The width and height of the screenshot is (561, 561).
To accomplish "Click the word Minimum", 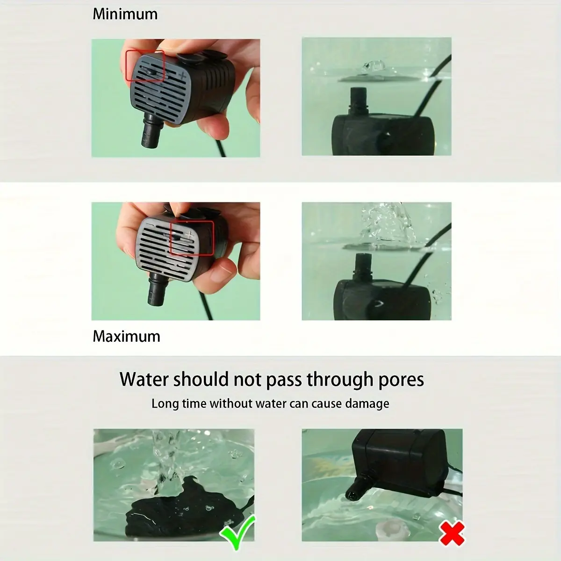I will click(x=125, y=14).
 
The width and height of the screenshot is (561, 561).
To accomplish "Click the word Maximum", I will click(x=126, y=336).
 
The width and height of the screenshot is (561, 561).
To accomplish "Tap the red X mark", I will click(x=452, y=533).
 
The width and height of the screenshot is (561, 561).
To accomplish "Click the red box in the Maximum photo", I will click(x=191, y=238).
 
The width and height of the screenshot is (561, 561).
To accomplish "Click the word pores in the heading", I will click(x=401, y=379).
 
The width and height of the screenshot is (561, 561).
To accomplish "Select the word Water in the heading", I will click(x=144, y=379).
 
